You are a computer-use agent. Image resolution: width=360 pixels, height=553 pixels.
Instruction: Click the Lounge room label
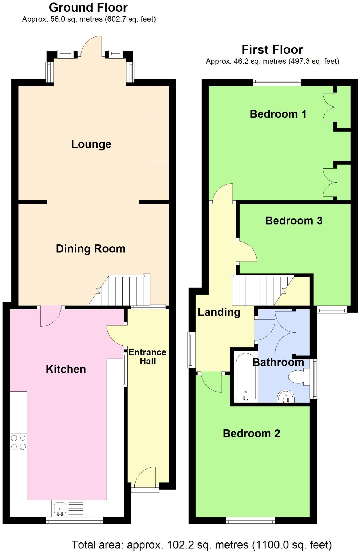[x=91, y=144]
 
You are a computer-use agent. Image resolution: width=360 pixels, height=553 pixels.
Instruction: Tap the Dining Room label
[x=90, y=249]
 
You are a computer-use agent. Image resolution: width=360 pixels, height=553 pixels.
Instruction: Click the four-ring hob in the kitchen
[x=18, y=442]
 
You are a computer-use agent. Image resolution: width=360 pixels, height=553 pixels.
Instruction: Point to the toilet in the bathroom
[x=298, y=377]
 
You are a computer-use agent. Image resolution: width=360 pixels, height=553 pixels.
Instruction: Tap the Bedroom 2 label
[x=251, y=433]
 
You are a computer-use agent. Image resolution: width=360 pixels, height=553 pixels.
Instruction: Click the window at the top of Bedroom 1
[x=277, y=82]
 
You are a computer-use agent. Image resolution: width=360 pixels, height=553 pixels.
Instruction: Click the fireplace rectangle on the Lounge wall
[x=160, y=140]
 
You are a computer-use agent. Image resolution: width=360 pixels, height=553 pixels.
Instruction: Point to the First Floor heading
[x=272, y=50]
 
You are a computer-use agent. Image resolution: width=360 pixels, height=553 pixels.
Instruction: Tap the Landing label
[x=219, y=312]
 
